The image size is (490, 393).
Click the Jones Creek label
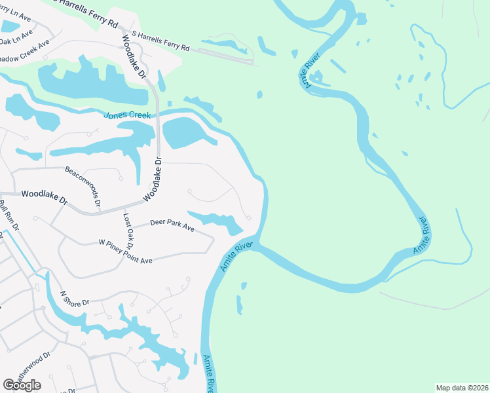127,115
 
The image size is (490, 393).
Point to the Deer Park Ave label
172,227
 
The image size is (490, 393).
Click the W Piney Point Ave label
125,252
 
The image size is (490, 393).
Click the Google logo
22,385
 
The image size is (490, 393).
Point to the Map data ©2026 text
462,387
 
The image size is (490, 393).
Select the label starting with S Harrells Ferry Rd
160,40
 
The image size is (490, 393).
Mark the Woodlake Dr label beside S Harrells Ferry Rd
133,55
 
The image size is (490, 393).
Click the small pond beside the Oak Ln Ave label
10,26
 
